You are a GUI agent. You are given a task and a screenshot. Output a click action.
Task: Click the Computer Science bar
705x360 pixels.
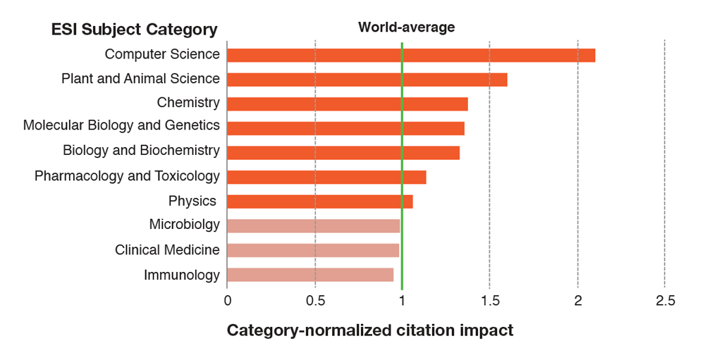click(411, 55)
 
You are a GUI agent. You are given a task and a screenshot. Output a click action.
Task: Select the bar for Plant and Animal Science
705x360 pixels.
click(367, 80)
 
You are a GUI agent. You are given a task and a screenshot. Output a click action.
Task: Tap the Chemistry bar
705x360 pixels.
click(348, 104)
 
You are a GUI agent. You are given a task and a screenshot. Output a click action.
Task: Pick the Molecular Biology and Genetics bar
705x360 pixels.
click(345, 128)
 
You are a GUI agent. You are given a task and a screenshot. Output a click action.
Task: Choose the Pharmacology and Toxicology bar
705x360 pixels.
click(326, 177)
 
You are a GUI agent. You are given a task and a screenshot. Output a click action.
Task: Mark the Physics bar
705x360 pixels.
click(320, 201)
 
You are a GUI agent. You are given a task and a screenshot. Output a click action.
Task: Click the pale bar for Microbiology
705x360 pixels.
click(314, 225)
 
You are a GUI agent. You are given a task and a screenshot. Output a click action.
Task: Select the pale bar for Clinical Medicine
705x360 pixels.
click(313, 250)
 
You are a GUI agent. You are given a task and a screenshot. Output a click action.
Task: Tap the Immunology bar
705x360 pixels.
click(310, 275)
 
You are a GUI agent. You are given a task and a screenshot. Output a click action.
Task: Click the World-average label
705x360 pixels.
click(406, 27)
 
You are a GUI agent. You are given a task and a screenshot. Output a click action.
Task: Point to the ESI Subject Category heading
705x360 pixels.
click(134, 30)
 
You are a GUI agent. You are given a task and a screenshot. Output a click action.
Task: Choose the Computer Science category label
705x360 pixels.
click(162, 54)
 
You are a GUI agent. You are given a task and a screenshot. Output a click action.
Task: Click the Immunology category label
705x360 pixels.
click(182, 275)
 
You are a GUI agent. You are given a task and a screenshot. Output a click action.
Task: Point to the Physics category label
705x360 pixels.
click(192, 201)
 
